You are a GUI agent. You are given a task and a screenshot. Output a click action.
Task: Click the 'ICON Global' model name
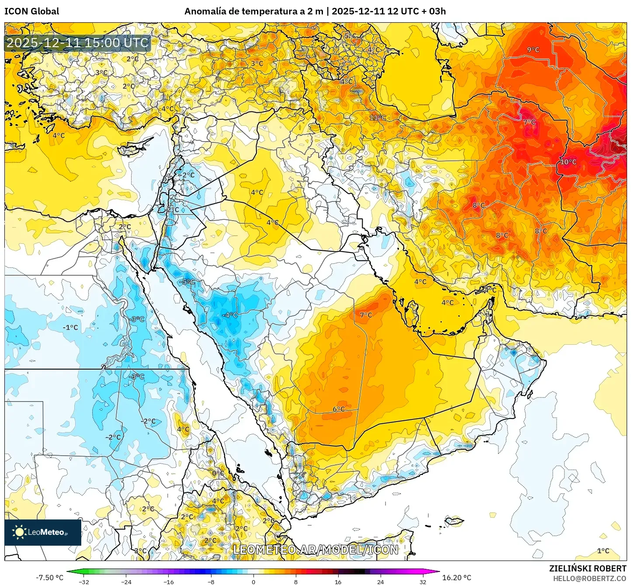[x=31, y=11]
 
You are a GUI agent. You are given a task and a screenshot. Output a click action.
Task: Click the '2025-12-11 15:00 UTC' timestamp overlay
[x=78, y=43]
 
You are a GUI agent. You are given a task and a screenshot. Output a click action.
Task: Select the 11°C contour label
[x=378, y=118]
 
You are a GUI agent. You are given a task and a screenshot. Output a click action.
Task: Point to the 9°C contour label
[x=533, y=50]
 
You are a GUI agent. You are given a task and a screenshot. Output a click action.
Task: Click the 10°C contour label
[x=568, y=162]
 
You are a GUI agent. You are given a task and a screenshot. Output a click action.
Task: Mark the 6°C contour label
[x=338, y=409]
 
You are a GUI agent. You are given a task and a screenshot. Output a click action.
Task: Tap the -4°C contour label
[x=230, y=315]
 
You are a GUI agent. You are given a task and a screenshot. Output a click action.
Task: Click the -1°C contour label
[x=70, y=327]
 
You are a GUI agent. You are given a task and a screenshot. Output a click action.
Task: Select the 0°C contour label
[x=218, y=473]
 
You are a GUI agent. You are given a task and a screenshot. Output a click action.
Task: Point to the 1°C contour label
[x=603, y=551]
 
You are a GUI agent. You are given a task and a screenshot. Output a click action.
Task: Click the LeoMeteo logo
[x=43, y=532]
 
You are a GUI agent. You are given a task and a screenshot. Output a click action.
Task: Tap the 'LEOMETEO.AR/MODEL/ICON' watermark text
[x=315, y=550]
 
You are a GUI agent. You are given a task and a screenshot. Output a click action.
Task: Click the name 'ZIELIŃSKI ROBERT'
[x=588, y=568]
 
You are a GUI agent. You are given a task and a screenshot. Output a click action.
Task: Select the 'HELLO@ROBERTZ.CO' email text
[x=589, y=578]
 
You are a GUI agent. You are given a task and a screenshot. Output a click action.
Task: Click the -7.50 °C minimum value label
[x=49, y=578]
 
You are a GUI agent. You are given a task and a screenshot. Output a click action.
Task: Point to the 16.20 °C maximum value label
[x=457, y=578]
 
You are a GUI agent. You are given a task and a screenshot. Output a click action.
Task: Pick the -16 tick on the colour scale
[x=168, y=582]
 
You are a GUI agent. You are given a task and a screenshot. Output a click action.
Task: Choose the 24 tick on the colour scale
[x=380, y=582]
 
